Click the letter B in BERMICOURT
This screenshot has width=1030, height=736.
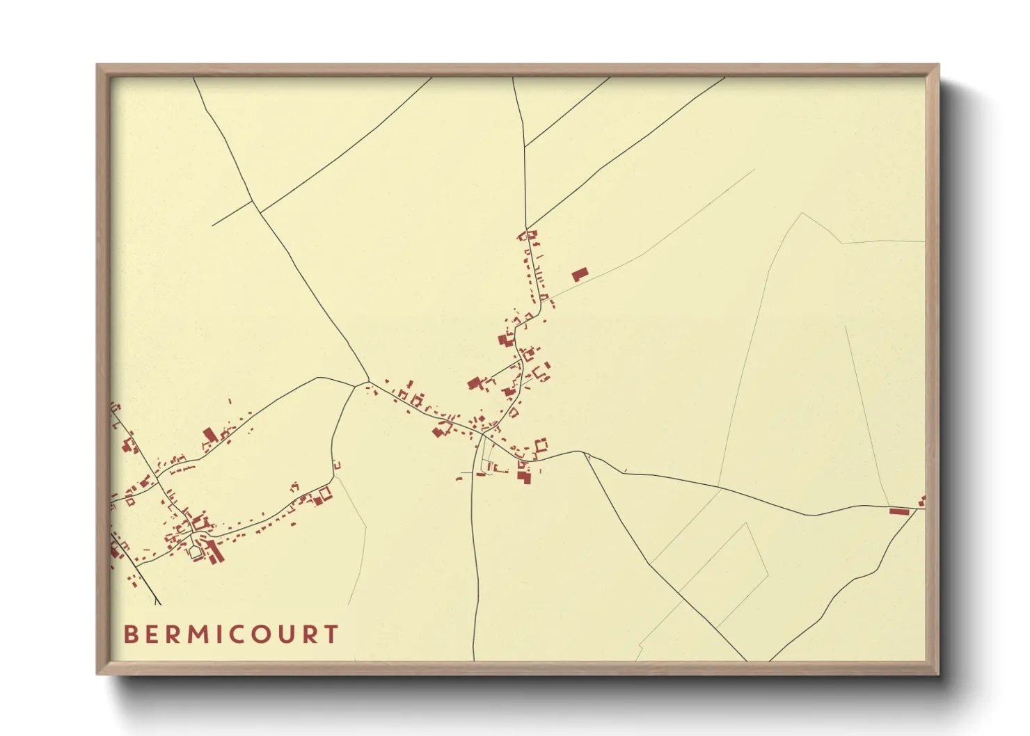tap(130, 634)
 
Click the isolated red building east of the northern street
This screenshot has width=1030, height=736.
tap(580, 274)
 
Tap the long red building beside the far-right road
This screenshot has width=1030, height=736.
tap(899, 511)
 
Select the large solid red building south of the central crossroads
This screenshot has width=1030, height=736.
tap(523, 477)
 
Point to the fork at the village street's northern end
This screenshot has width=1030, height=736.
tap(527, 229)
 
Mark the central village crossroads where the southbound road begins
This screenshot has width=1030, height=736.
tap(482, 433)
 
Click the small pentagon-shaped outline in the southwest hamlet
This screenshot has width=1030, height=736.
tap(195, 553)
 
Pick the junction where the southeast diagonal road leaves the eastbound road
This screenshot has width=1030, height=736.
tap(586, 454)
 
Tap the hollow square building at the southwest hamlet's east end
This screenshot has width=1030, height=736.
tap(324, 493)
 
